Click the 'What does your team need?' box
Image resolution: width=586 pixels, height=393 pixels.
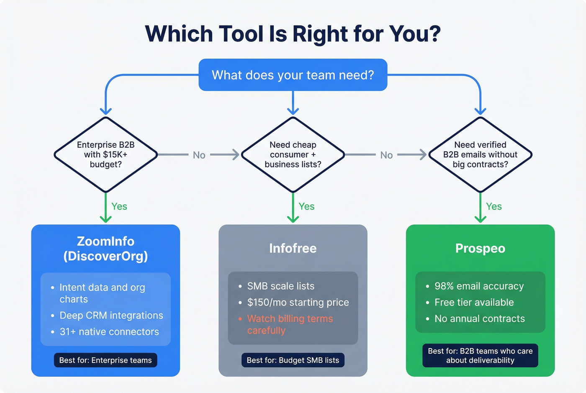pyautogui.click(x=293, y=75)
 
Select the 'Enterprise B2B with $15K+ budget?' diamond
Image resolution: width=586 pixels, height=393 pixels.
pyautogui.click(x=105, y=154)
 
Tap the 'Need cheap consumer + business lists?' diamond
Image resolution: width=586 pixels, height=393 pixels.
pyautogui.click(x=293, y=154)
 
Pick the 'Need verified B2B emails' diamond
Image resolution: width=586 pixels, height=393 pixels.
pyautogui.click(x=480, y=154)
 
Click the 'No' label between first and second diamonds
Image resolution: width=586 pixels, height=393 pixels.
pyautogui.click(x=199, y=155)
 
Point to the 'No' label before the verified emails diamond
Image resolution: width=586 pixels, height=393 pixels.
pyautogui.click(x=386, y=155)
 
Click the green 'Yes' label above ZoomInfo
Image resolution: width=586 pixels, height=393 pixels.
pyautogui.click(x=119, y=206)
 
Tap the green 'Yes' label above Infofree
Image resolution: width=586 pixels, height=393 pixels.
pyautogui.click(x=306, y=206)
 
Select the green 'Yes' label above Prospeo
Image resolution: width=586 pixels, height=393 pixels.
pyautogui.click(x=494, y=206)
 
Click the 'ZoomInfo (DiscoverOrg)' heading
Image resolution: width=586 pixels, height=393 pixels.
pyautogui.click(x=105, y=249)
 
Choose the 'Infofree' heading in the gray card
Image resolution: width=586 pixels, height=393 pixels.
pyautogui.click(x=293, y=248)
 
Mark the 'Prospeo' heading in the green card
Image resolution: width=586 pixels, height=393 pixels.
pyautogui.click(x=480, y=248)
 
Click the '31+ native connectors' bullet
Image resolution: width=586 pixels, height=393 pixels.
pyautogui.click(x=109, y=331)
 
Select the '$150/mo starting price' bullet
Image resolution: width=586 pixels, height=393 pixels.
pyautogui.click(x=298, y=302)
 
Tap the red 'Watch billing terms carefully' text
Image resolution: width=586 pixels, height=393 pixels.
pyautogui.click(x=290, y=324)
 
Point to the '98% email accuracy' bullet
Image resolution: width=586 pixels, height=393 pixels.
pyautogui.click(x=479, y=286)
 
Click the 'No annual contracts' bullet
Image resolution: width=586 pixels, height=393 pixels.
pyautogui.click(x=479, y=319)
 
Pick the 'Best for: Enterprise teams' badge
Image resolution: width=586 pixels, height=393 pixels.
pyautogui.click(x=105, y=360)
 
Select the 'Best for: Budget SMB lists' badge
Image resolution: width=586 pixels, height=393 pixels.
pyautogui.click(x=293, y=360)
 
